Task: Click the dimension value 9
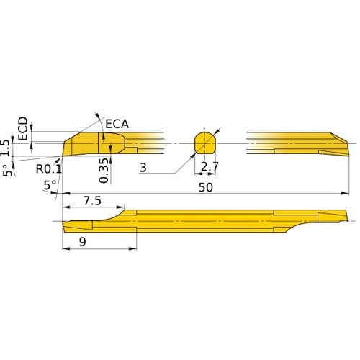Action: (x=83, y=243)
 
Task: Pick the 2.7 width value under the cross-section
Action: (x=210, y=168)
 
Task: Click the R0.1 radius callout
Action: (x=48, y=168)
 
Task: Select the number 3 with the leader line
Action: (x=144, y=168)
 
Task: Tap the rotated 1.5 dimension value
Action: (x=7, y=147)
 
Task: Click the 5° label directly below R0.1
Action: (x=50, y=185)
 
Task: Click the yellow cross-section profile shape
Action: (x=207, y=143)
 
